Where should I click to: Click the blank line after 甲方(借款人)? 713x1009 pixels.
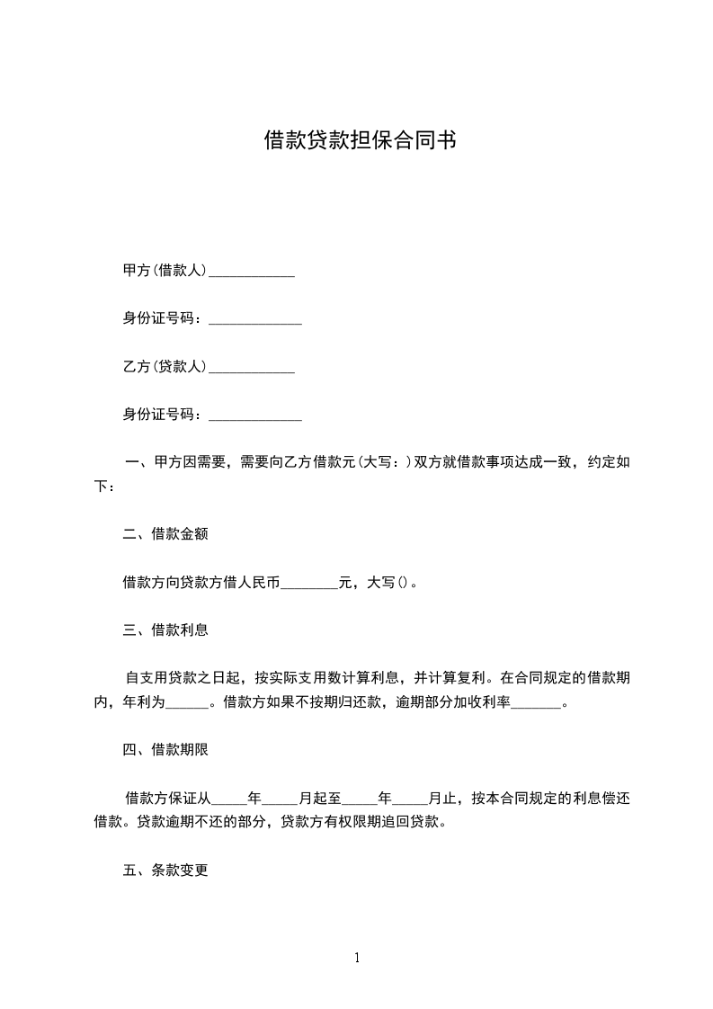pos(252,271)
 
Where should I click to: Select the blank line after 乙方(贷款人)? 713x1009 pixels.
pos(252,368)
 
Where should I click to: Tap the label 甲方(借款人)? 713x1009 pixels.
pos(165,270)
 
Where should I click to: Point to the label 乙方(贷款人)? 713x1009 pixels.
pos(165,367)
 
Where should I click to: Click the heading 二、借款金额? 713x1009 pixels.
pos(165,534)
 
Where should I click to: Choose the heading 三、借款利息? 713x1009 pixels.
pos(165,630)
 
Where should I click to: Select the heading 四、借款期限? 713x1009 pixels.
pos(165,749)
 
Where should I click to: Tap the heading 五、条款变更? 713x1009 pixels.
pos(165,871)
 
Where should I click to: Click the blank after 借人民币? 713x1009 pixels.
pos(308,583)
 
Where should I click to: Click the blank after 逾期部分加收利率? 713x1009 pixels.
pos(536,703)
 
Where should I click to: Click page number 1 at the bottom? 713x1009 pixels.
pos(357,959)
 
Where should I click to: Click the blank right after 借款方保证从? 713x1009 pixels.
pos(228,799)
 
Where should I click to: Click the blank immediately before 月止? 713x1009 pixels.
pos(410,799)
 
